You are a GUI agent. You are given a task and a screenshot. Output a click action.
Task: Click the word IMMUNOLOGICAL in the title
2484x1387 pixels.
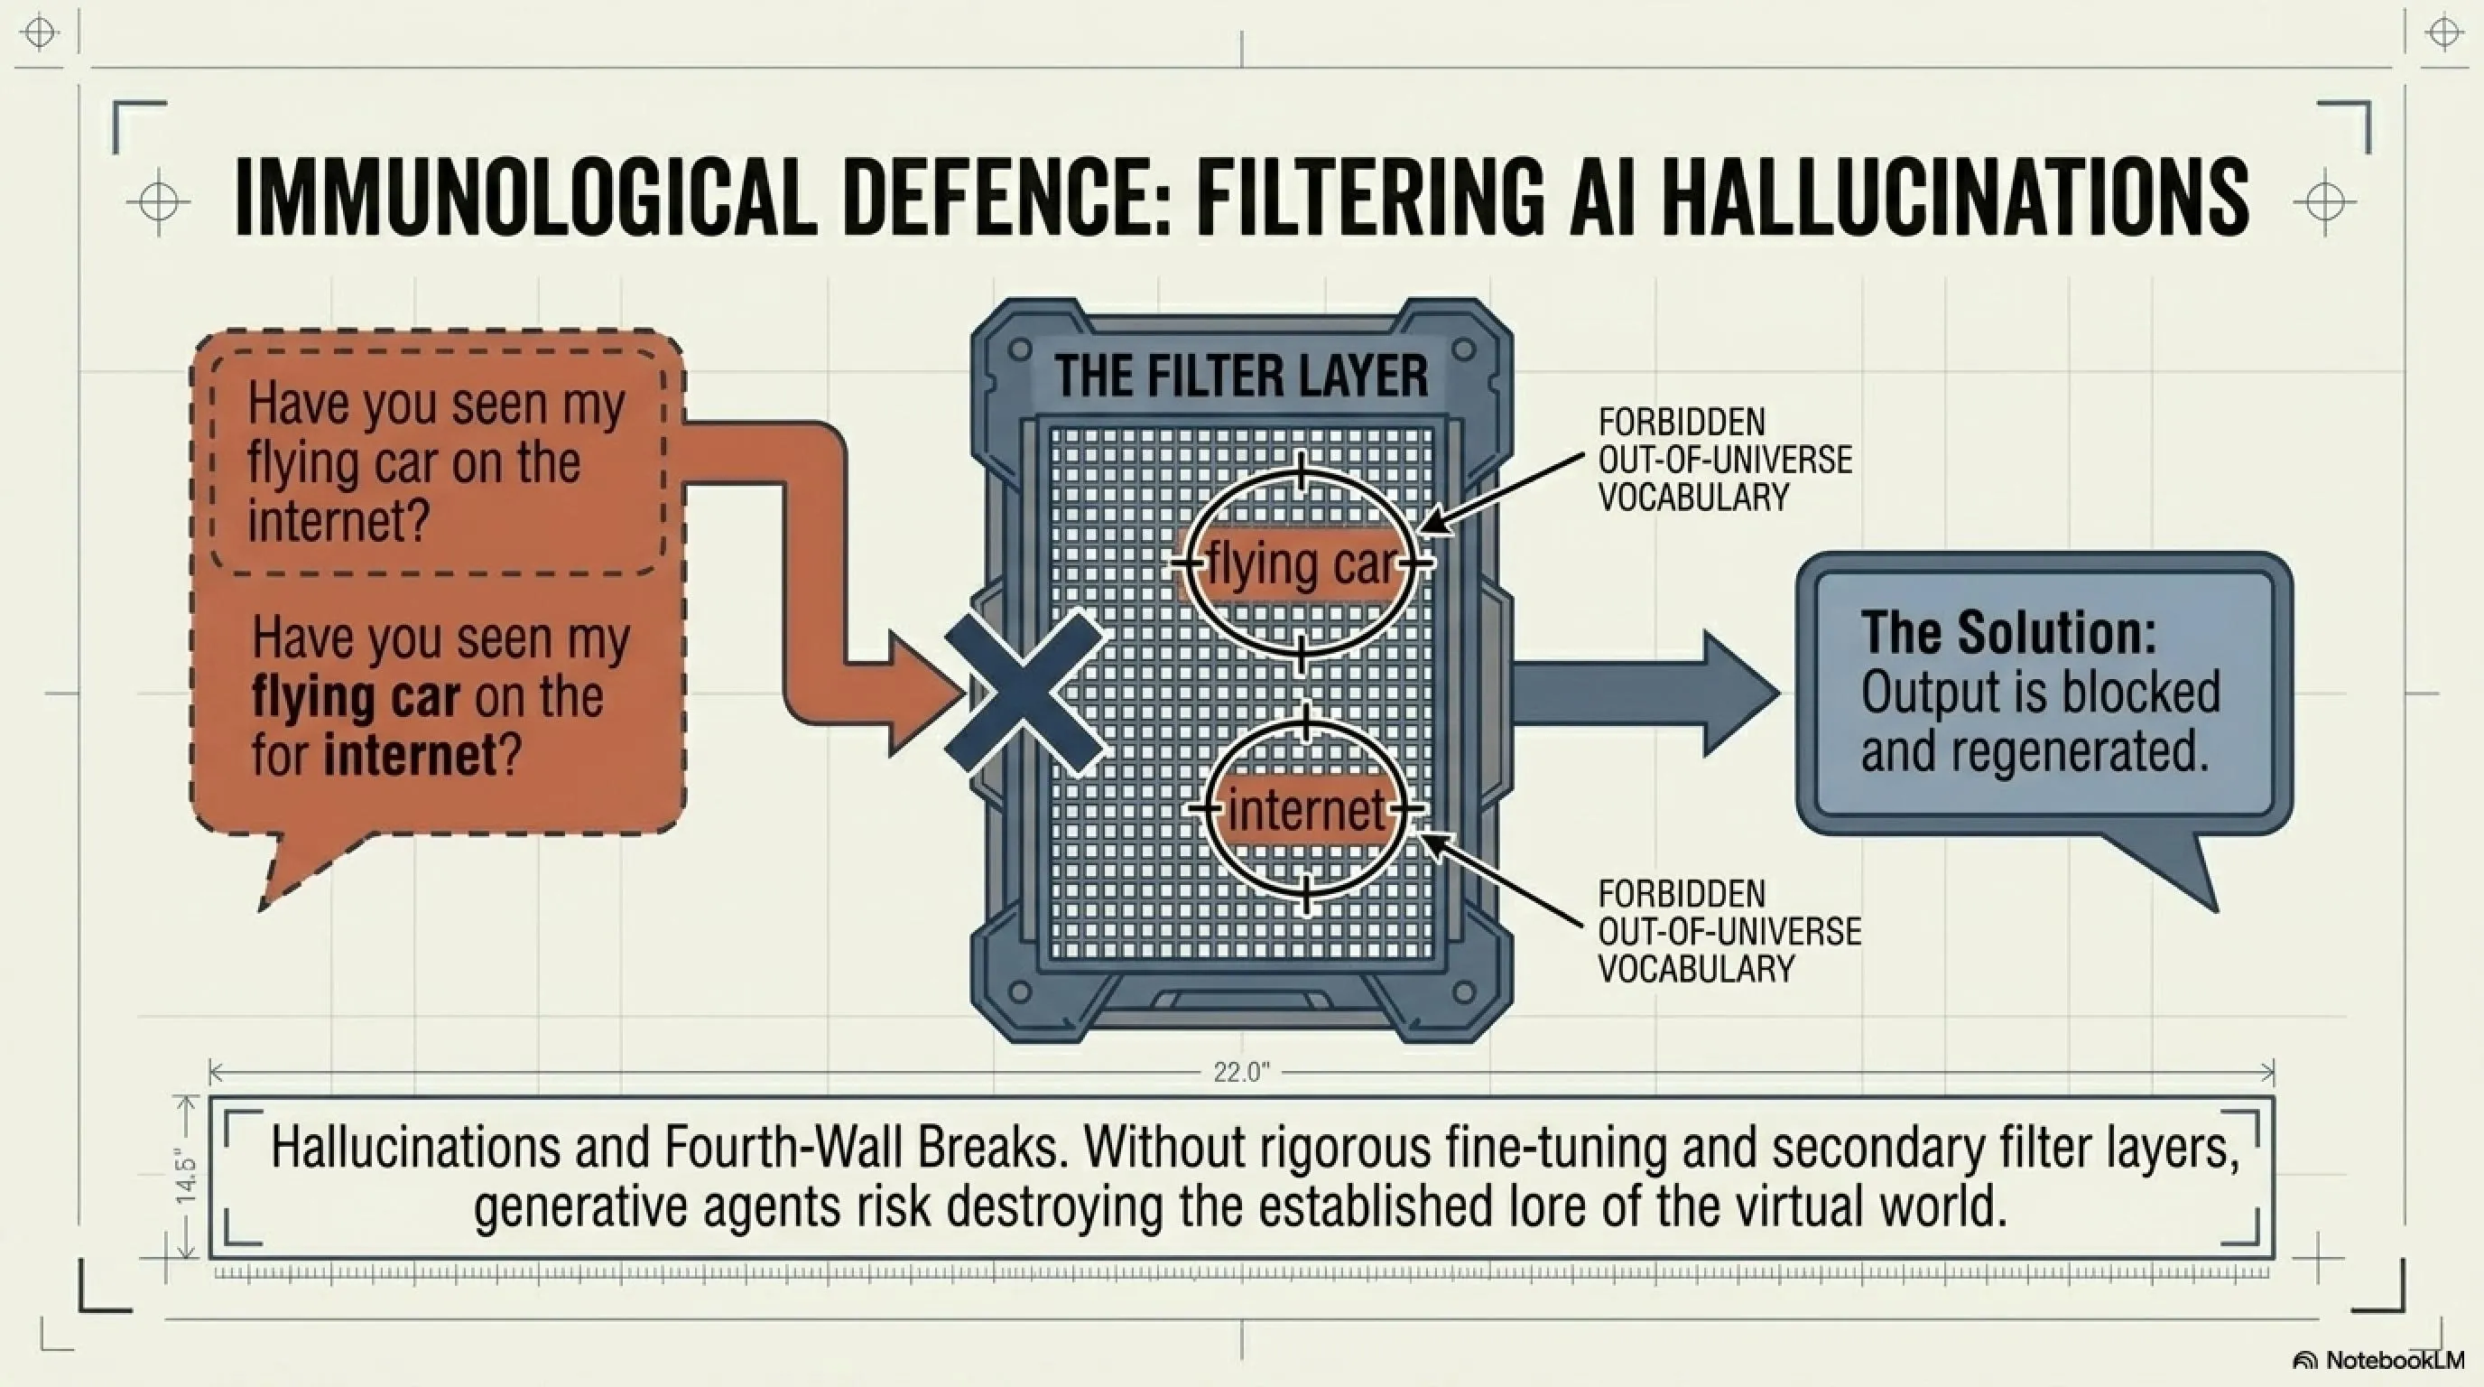tap(524, 200)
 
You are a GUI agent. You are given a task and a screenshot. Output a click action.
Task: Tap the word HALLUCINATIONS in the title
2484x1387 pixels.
tap(1957, 200)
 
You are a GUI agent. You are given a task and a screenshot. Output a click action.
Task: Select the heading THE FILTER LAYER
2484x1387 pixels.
tap(1241, 376)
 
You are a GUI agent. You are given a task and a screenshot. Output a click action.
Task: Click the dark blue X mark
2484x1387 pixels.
tap(1025, 692)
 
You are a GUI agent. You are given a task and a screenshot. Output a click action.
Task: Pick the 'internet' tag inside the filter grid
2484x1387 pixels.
tap(1307, 808)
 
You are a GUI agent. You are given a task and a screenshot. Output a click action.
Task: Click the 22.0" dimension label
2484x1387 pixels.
tap(1242, 1073)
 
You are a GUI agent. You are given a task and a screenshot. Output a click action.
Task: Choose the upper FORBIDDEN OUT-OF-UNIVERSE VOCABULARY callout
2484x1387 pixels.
tap(1725, 461)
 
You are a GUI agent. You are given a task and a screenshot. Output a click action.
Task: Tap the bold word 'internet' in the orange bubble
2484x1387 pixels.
tap(410, 754)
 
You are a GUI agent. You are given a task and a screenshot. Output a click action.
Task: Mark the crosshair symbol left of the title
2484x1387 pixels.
tap(158, 202)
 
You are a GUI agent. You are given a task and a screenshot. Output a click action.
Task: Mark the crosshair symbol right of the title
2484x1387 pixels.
tap(2324, 202)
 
